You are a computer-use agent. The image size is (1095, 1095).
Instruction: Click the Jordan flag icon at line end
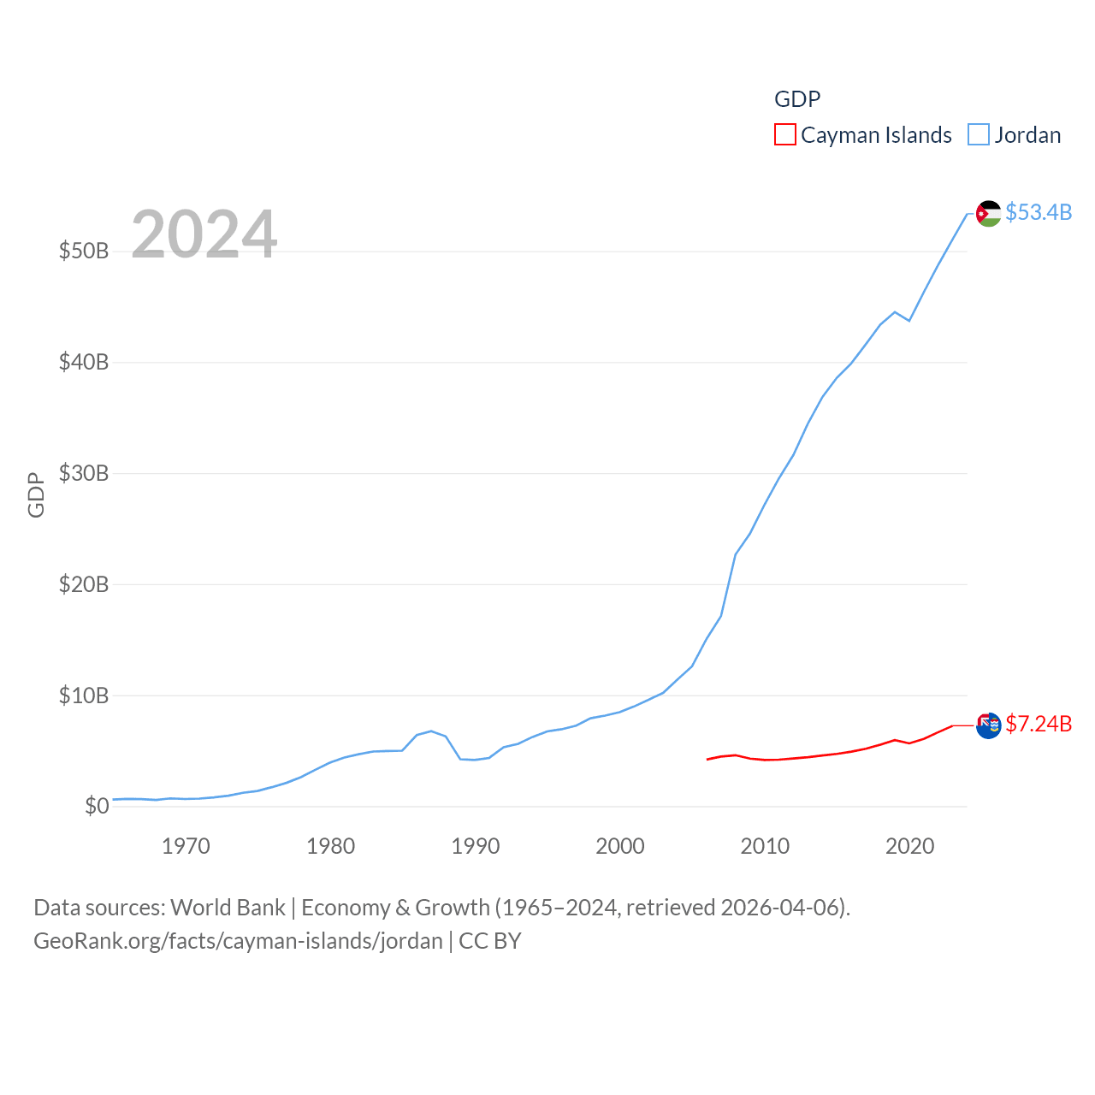[988, 213]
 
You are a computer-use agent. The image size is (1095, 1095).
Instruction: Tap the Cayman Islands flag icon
[988, 725]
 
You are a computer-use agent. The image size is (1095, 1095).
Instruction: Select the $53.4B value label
[1039, 212]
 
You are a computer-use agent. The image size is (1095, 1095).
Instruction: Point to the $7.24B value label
[1039, 724]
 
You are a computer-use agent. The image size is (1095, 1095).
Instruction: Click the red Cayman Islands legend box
[784, 135]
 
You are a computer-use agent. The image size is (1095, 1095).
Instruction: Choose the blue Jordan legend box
[979, 135]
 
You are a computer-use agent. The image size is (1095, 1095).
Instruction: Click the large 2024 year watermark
[204, 234]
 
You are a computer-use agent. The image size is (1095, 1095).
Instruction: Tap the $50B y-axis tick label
[84, 251]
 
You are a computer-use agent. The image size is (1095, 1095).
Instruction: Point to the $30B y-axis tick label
[84, 473]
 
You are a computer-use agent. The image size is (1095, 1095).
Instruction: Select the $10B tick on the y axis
[84, 695]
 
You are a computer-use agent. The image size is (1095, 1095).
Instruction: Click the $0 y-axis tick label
[97, 806]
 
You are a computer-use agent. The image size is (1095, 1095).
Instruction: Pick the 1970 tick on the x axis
[186, 847]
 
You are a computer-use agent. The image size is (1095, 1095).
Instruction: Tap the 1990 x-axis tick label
[476, 847]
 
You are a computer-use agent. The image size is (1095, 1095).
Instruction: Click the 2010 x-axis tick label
[765, 847]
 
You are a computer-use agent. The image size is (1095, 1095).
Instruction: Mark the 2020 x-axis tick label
[909, 847]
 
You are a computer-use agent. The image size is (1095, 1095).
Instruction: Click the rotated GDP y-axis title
[36, 494]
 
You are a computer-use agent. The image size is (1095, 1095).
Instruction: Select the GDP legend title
[797, 99]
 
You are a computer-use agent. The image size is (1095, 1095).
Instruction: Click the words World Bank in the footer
[228, 908]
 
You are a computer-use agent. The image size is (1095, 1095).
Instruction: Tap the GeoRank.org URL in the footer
[238, 941]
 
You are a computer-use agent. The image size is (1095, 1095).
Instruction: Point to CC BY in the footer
[490, 941]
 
